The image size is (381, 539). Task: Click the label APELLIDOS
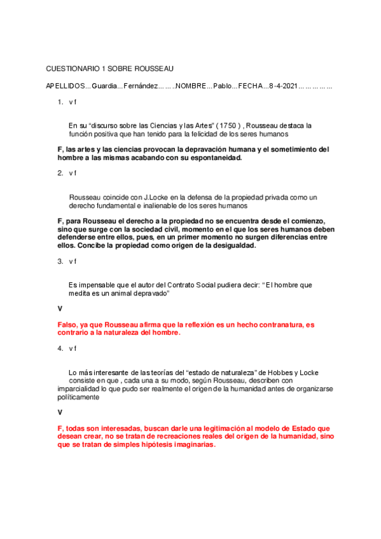point(65,86)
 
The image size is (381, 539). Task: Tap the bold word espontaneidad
point(214,158)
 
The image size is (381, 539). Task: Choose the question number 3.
point(60,261)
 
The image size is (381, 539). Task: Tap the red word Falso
point(67,325)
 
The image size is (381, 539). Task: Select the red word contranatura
point(266,325)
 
